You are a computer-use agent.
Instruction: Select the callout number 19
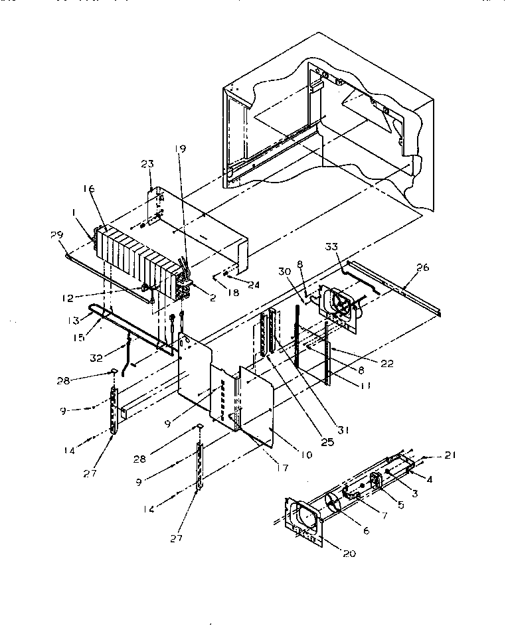(x=181, y=148)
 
